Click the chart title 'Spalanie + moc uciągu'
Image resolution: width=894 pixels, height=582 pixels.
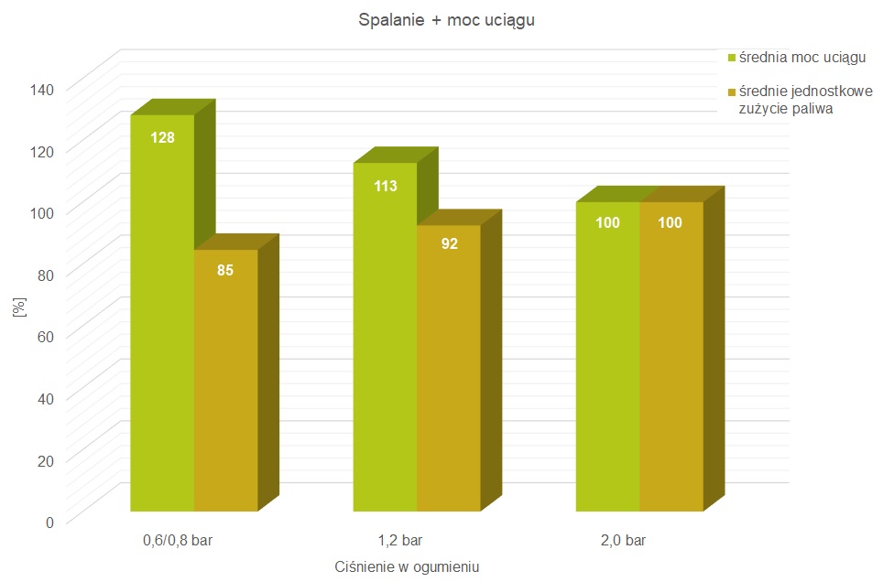446,21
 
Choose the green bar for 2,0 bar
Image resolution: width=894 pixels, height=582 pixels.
607,357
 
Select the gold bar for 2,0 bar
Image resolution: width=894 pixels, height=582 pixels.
671,357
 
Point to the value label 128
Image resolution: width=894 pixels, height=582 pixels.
161,137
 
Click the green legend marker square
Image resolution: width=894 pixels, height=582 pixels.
732,59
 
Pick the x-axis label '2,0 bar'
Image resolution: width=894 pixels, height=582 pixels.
624,541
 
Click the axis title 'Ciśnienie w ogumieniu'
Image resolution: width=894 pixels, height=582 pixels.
407,566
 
